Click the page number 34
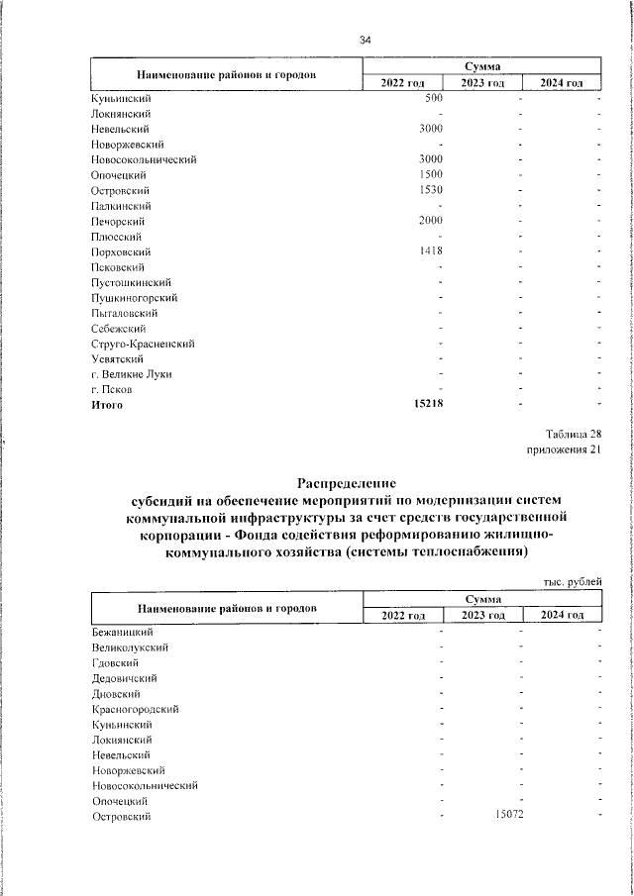tap(366, 41)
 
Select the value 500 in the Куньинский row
tap(432, 98)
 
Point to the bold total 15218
tap(426, 405)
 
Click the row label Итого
tap(108, 405)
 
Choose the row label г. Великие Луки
tap(129, 374)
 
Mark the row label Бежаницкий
tap(122, 632)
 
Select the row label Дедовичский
tap(124, 678)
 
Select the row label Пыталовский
tap(124, 313)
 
